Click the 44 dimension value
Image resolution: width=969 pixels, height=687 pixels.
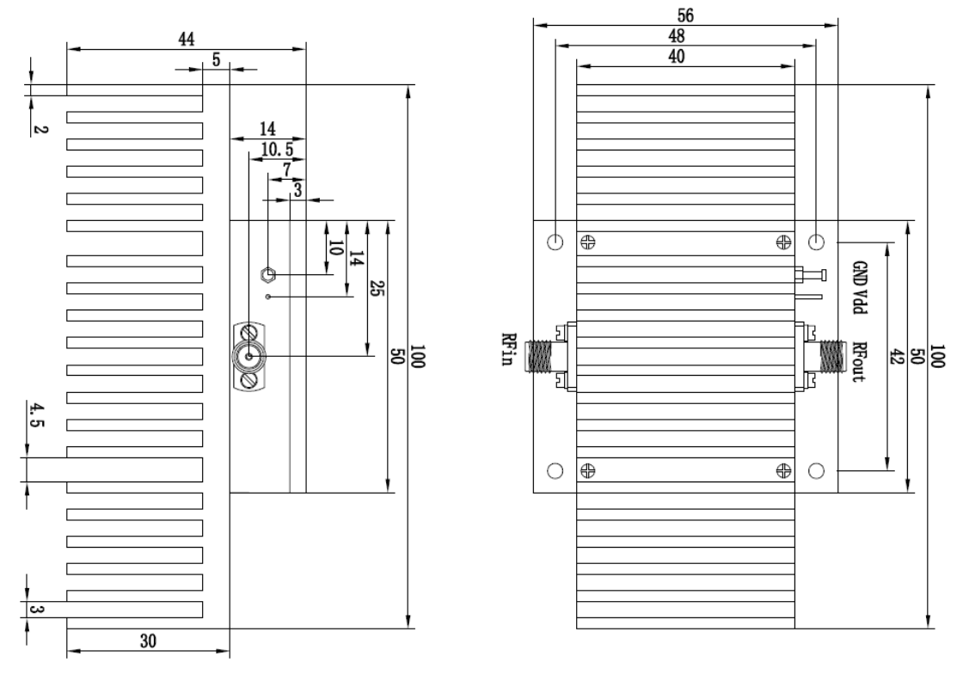(187, 40)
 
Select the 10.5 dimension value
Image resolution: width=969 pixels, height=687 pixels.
(277, 150)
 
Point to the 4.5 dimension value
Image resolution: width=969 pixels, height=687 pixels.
(37, 415)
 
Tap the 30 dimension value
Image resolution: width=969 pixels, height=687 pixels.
(148, 641)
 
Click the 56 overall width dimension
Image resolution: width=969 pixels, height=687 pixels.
(685, 15)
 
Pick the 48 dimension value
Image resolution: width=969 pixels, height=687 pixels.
(677, 36)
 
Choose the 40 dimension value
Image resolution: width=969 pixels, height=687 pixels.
(677, 57)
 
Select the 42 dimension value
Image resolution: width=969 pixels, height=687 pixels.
(896, 357)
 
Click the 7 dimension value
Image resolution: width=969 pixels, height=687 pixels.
(287, 169)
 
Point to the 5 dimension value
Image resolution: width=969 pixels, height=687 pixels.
(217, 60)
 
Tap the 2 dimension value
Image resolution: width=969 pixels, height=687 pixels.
(40, 129)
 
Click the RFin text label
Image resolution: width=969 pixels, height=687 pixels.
(508, 349)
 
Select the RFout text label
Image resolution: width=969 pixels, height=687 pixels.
(859, 362)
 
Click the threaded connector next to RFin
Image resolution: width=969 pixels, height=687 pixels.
(538, 357)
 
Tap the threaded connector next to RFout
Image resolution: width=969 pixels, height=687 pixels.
(832, 357)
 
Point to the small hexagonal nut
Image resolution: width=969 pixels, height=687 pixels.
(267, 274)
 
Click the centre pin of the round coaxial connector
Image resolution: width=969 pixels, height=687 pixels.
(249, 357)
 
